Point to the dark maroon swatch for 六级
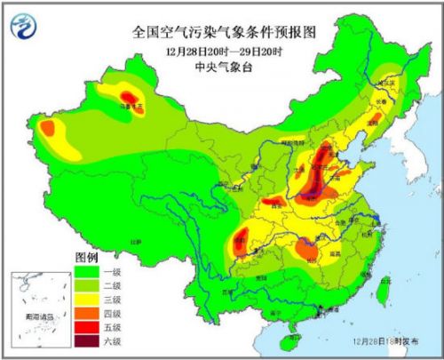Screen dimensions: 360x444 point(87,340)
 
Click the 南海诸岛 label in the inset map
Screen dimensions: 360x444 point(39,316)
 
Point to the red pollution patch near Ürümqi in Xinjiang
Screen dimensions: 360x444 point(129,95)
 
